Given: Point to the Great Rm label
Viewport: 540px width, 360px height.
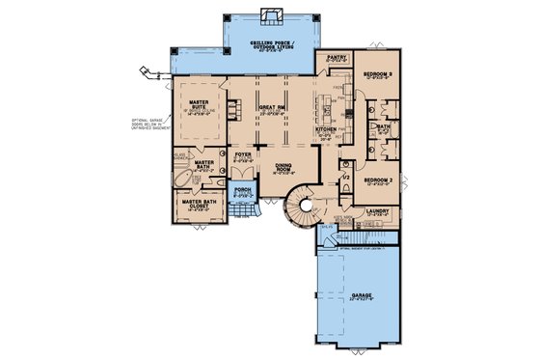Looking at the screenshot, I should click(x=271, y=110).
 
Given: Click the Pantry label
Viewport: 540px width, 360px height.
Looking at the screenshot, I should click(x=336, y=59).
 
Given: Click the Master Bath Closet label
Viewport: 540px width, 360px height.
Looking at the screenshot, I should click(x=199, y=204).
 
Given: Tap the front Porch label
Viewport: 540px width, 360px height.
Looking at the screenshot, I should click(x=242, y=191).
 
